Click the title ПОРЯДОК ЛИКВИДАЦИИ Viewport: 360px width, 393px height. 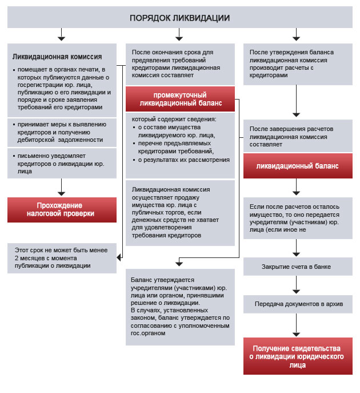click(179, 18)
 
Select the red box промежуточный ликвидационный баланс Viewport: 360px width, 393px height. click(179, 99)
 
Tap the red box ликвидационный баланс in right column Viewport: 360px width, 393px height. click(297, 166)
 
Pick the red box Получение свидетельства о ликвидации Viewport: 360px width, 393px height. click(297, 356)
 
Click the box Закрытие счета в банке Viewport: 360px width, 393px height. click(297, 267)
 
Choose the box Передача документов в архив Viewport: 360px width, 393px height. click(297, 303)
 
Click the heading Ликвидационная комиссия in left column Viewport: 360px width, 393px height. click(57, 57)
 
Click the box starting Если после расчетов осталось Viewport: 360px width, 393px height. click(297, 217)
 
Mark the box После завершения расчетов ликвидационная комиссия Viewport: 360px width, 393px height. click(297, 137)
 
